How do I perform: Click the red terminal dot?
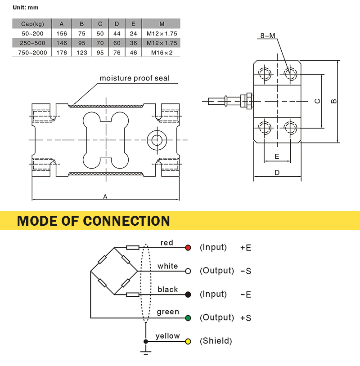point(188,248)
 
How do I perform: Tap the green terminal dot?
point(188,318)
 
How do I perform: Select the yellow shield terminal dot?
point(188,341)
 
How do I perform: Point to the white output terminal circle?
point(188,271)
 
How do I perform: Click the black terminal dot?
point(188,295)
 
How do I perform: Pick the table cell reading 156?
point(62,34)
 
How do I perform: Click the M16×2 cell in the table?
point(162,53)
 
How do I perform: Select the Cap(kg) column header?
point(32,24)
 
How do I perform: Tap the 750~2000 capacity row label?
point(32,53)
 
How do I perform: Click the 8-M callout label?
point(268,36)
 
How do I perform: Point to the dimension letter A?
point(105,196)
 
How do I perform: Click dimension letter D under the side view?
point(277,173)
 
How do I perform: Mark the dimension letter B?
point(334,101)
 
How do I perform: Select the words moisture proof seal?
point(135,78)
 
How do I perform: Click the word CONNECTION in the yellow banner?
point(126,221)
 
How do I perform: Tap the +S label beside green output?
point(246,318)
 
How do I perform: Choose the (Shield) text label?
point(216,341)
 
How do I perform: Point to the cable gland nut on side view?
point(249,101)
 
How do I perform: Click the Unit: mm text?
point(26,8)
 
